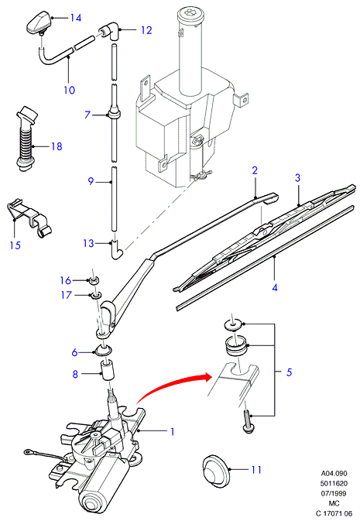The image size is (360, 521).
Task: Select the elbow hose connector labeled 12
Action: pos(109,31)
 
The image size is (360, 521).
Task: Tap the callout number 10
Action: pos(70,90)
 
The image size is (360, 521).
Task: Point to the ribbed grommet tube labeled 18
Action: pos(26,139)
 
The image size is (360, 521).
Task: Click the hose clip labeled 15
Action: pos(29,218)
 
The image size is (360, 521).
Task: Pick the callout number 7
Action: pos(87,115)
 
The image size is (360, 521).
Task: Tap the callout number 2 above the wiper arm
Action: pos(255,170)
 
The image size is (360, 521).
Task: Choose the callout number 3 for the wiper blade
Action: pos(297,178)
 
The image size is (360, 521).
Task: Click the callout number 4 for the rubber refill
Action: pos(275,287)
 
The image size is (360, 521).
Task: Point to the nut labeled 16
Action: pos(94,280)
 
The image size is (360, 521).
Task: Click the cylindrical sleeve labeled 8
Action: pos(108,369)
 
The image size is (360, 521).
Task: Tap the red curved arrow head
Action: pos(207,377)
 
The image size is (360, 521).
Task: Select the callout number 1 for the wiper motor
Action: pos(172,432)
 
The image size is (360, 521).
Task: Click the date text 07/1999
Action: pos(334,493)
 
